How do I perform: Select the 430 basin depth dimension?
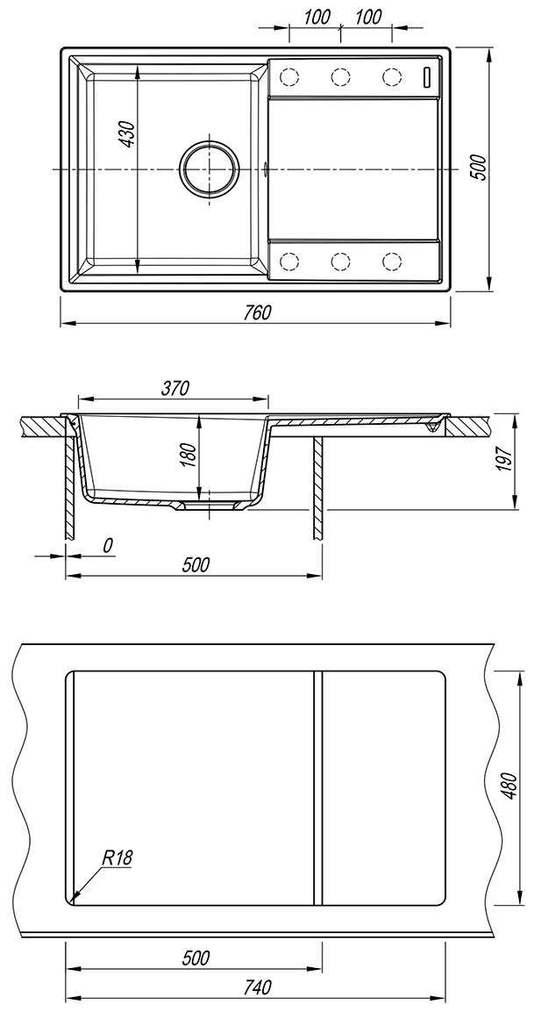pos(128,134)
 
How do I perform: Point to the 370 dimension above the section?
pos(174,388)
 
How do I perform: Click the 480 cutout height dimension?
pos(510,787)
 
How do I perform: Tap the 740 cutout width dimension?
pos(257,987)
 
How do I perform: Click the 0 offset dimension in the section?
pos(109,545)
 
